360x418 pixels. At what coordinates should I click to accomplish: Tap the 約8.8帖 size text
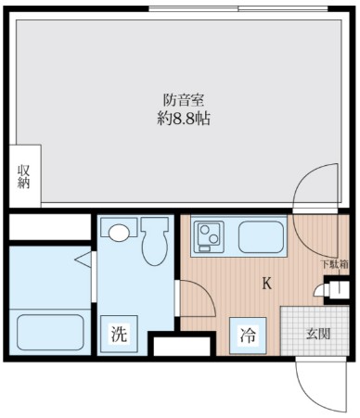181,119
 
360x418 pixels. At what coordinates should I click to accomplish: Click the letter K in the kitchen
266,284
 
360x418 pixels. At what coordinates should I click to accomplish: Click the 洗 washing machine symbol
119,336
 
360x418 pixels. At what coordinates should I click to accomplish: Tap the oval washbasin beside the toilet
118,231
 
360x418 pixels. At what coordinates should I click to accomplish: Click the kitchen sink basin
261,238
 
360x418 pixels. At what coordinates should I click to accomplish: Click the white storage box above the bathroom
46,226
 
